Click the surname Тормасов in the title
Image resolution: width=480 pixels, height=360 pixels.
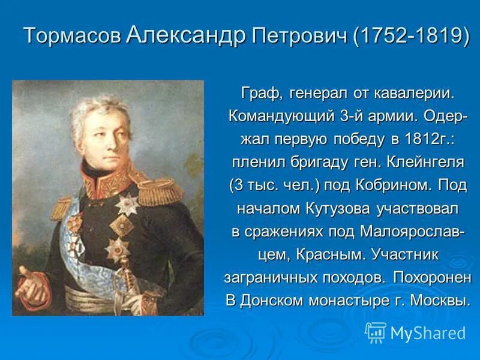(x=72, y=36)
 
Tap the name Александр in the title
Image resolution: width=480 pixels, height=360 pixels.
(x=187, y=35)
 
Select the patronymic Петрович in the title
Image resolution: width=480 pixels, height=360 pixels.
(x=299, y=36)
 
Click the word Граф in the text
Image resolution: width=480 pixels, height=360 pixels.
(x=262, y=94)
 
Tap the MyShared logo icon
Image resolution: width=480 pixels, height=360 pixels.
(x=376, y=332)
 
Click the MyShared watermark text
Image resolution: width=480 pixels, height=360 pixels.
(x=428, y=332)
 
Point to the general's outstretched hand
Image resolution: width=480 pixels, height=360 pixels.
(x=30, y=288)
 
